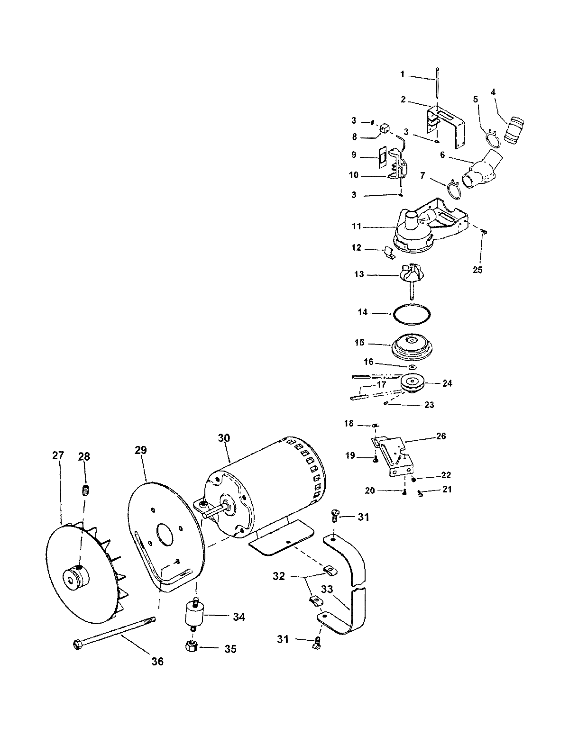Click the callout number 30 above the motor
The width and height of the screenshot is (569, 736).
pyautogui.click(x=224, y=438)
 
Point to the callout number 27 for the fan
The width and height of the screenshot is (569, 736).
pyautogui.click(x=58, y=456)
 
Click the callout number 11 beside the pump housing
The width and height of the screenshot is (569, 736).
pyautogui.click(x=357, y=227)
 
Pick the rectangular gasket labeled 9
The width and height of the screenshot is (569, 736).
pyautogui.click(x=382, y=157)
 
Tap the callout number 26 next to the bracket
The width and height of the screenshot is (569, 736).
pyautogui.click(x=441, y=436)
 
